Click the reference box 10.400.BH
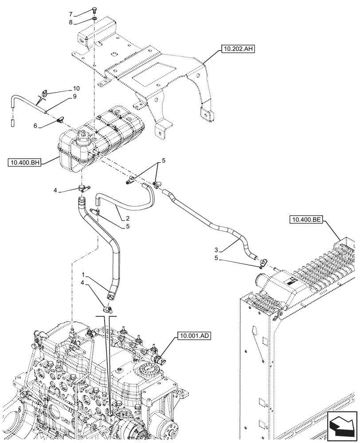[x=24, y=163]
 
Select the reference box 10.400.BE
[x=307, y=219]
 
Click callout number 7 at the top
[x=82, y=15]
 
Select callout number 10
[x=76, y=88]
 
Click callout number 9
[x=74, y=96]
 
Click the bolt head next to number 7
[x=95, y=12]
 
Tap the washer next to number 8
[x=94, y=19]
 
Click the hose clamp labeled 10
[x=45, y=93]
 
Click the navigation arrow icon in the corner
[x=341, y=427]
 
